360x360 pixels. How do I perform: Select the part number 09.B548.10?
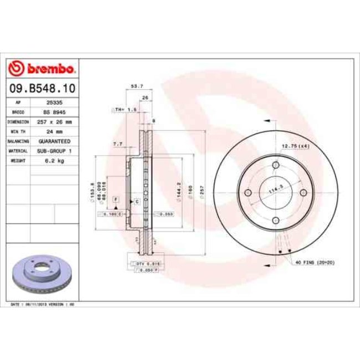(x=42, y=89)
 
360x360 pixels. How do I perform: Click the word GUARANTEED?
(x=54, y=141)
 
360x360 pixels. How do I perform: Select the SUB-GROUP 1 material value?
(x=54, y=150)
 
